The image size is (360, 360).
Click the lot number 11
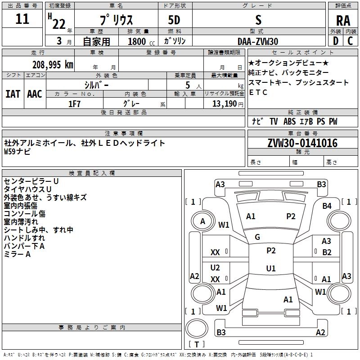point(22,19)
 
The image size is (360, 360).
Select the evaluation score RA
point(343,20)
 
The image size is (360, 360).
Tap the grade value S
point(258,19)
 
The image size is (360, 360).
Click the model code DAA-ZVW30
point(258,41)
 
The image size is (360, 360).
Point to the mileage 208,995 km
point(53,64)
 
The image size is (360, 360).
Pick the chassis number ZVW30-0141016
point(302,143)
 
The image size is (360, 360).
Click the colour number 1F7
point(74,103)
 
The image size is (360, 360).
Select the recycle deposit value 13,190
point(224,104)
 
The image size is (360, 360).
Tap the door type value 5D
point(174,20)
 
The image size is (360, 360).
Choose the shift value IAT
point(13,94)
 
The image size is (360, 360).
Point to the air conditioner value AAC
point(35,94)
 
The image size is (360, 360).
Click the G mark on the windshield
point(257,237)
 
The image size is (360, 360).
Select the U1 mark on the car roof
point(270,269)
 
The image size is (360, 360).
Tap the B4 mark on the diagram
point(327,206)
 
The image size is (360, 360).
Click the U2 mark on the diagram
point(215,268)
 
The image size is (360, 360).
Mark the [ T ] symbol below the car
point(197,345)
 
